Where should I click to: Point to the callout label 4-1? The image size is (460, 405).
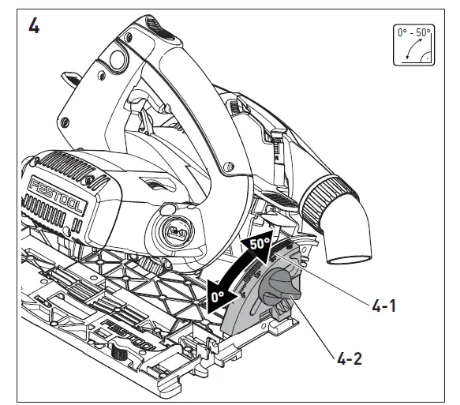pyautogui.click(x=383, y=303)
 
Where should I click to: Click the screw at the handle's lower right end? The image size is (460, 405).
pyautogui.click(x=228, y=167)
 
